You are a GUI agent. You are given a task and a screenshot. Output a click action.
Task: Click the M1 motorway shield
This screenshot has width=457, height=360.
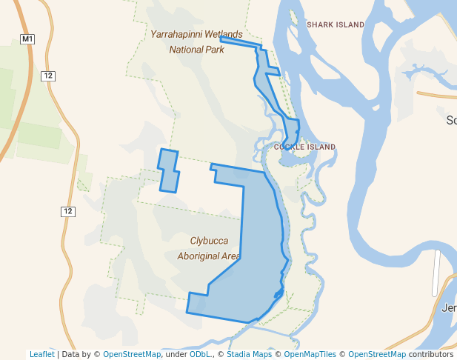[x=27, y=39]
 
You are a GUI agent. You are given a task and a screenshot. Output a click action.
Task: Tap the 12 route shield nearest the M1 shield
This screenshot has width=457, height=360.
[x=48, y=76]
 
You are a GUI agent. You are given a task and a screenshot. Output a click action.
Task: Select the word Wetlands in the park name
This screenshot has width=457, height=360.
[x=223, y=35]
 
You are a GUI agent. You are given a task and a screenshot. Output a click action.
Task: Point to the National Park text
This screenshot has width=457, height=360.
[x=196, y=50]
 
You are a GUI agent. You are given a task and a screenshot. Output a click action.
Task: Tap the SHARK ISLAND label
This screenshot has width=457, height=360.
[x=336, y=25]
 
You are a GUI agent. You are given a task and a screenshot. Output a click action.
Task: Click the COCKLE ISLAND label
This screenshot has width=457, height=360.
[x=304, y=147]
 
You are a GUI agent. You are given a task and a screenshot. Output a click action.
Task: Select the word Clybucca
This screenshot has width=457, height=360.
[x=214, y=241]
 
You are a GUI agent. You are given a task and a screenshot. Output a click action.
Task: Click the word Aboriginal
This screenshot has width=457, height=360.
[x=199, y=256]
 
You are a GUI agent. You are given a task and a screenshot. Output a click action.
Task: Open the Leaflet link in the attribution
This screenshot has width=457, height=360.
[x=41, y=354]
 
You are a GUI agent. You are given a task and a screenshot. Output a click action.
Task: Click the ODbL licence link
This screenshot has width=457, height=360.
[x=199, y=354]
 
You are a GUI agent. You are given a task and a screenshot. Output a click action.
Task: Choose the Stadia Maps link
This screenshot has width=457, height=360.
[x=247, y=354]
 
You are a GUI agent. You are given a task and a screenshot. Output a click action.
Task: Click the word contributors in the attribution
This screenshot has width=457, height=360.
[x=431, y=354]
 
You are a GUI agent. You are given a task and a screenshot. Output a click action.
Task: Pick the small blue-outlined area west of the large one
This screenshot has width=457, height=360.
[x=169, y=170]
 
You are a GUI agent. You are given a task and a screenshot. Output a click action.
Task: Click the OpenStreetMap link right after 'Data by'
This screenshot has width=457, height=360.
[x=132, y=354]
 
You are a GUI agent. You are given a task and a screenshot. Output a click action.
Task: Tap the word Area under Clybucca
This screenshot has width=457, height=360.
[x=230, y=256]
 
